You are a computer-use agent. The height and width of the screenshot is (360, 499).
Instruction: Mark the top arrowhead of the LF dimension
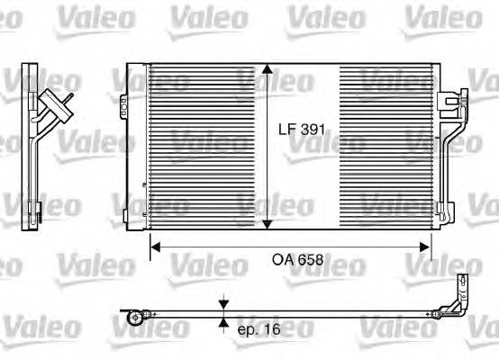(x=267, y=71)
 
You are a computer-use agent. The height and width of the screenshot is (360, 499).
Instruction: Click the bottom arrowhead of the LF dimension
(x=267, y=226)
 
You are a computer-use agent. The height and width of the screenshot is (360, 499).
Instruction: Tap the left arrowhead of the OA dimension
(x=154, y=245)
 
